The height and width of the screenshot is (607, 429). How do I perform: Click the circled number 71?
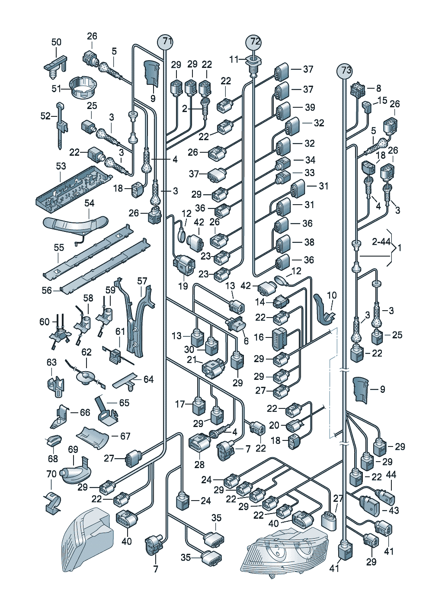pos(165,42)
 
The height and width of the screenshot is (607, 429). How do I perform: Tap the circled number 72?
pos(253,42)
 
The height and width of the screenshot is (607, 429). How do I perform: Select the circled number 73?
pos(345,71)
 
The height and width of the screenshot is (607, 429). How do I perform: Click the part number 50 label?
pos(56,42)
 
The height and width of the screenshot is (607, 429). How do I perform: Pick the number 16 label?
pos(259,337)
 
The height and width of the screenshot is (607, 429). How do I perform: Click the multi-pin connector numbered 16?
pos(279,338)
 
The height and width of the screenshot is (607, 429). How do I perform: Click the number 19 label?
pos(183,286)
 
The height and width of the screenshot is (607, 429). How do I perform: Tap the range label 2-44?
pos(381,241)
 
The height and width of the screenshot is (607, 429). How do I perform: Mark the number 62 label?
pos(86,352)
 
